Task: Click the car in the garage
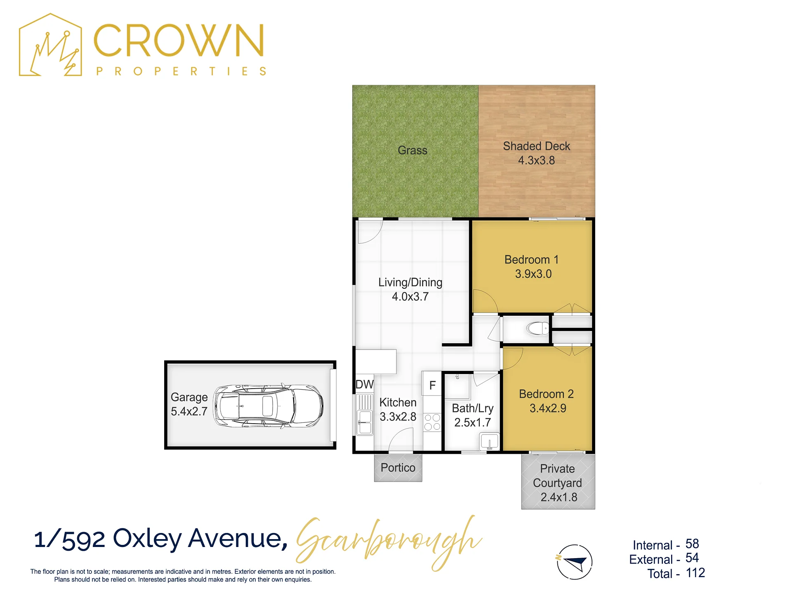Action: point(268,406)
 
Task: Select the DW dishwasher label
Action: point(365,384)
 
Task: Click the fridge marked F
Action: point(432,385)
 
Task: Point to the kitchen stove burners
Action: point(432,422)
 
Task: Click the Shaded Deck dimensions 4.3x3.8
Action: point(536,160)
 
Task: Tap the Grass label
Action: point(412,150)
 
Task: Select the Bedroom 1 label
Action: point(531,259)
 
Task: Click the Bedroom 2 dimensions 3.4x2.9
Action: point(548,408)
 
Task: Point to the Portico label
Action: point(398,468)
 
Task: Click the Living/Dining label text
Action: point(410,283)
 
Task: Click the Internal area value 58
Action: point(692,544)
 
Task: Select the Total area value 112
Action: point(695,573)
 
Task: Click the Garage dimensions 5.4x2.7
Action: point(189,412)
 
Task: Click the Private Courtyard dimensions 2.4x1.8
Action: point(559,497)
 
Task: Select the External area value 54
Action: point(692,558)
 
